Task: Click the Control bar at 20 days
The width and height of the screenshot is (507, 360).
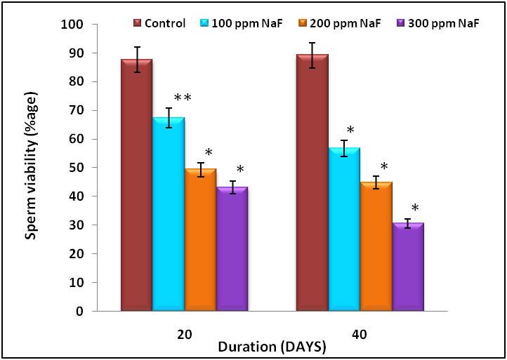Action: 136,185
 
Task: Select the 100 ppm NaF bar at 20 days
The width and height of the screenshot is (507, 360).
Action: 169,214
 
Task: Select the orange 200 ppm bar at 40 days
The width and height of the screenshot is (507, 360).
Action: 376,246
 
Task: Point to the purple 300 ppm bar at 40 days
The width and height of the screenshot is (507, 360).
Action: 407,267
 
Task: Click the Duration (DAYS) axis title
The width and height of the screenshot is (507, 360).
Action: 272,346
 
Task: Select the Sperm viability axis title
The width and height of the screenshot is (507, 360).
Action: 32,168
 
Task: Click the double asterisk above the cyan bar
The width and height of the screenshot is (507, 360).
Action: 182,98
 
